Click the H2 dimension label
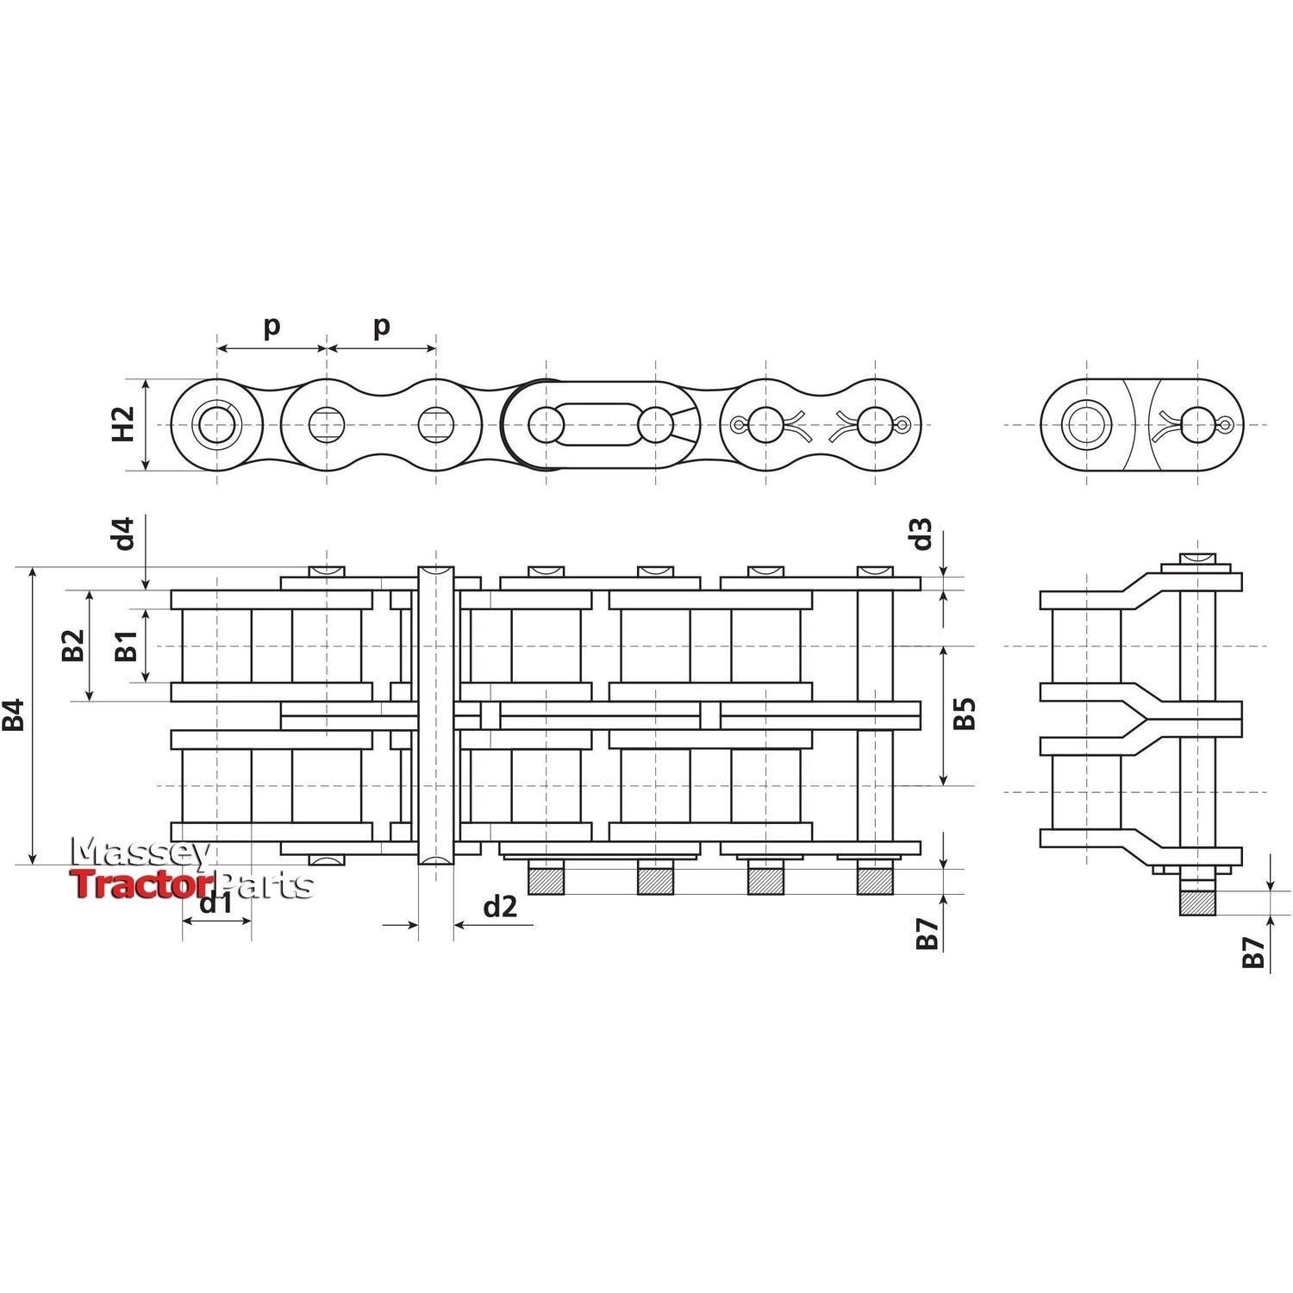click(x=125, y=424)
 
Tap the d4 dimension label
click(x=125, y=534)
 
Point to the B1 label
click(x=126, y=646)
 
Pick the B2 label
click(x=73, y=646)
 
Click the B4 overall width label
click(x=14, y=715)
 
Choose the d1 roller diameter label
click(x=215, y=903)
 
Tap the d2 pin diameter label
click(x=500, y=906)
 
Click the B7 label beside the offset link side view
click(x=1253, y=952)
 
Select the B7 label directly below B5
click(x=928, y=934)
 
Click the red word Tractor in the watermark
click(x=141, y=884)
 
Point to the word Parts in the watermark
click(x=265, y=885)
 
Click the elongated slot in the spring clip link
click(x=595, y=424)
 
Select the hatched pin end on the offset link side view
click(x=1197, y=903)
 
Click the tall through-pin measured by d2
click(x=436, y=715)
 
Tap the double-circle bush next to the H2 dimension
click(x=216, y=424)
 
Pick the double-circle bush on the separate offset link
click(x=1086, y=424)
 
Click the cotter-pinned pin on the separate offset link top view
click(x=1196, y=424)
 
